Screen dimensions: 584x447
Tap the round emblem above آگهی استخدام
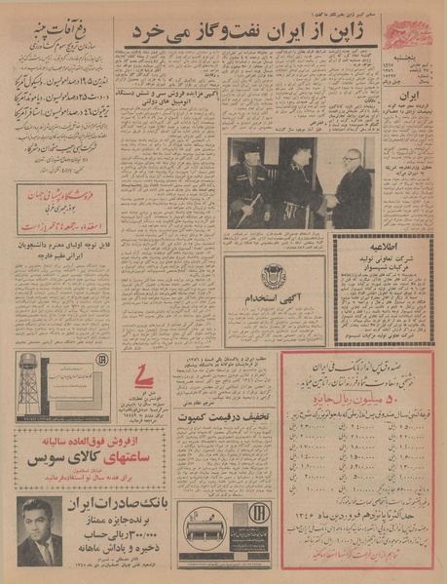pos(274,275)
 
